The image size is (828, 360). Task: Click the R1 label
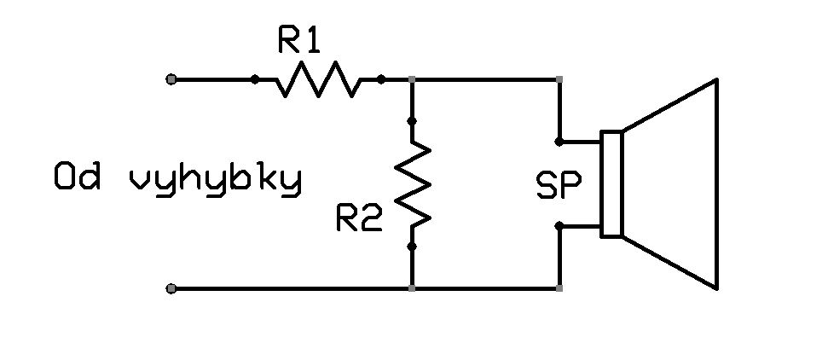pyautogui.click(x=299, y=38)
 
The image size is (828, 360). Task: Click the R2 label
pyautogui.click(x=359, y=218)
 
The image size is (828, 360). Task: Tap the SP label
pyautogui.click(x=559, y=184)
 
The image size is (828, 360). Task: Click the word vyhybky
pyautogui.click(x=215, y=181)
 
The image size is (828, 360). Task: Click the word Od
pyautogui.click(x=77, y=177)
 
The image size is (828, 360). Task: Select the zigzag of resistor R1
pyautogui.click(x=318, y=79)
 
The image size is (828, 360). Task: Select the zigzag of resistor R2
pyautogui.click(x=413, y=184)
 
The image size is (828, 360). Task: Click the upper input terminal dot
pyautogui.click(x=171, y=79)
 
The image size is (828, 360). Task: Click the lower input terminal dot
pyautogui.click(x=171, y=288)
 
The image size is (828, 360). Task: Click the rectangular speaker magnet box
pyautogui.click(x=611, y=184)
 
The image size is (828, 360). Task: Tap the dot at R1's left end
pyautogui.click(x=254, y=79)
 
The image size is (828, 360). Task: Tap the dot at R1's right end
pyautogui.click(x=381, y=79)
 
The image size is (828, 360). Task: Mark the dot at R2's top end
pyautogui.click(x=413, y=121)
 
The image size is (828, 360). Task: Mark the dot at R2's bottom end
pyautogui.click(x=413, y=247)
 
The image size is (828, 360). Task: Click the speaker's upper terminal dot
pyautogui.click(x=559, y=142)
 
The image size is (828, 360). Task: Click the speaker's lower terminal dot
pyautogui.click(x=559, y=226)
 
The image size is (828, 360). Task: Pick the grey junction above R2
pyautogui.click(x=413, y=79)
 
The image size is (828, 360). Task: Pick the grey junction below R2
pyautogui.click(x=413, y=288)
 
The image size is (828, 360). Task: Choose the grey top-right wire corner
pyautogui.click(x=559, y=79)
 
